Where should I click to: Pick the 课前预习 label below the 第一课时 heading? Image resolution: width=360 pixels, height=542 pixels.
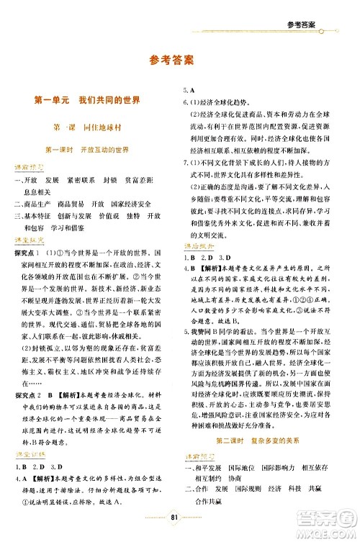(30, 169)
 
